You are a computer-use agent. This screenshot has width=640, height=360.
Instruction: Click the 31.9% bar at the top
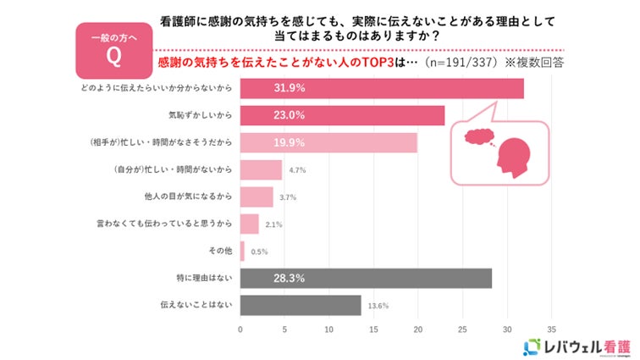tap(381, 88)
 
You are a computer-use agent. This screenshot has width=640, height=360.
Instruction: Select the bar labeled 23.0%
tap(342, 115)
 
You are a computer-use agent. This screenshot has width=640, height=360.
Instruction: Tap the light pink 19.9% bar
tap(328, 142)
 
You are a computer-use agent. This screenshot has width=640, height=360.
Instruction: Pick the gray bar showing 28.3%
tap(366, 278)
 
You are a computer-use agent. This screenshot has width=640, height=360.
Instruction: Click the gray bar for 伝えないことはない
tap(301, 305)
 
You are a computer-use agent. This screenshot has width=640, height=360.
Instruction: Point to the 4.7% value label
tap(296, 170)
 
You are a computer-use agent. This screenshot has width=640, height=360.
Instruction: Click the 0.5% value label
tap(259, 252)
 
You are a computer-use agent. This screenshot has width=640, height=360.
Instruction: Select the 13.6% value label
tap(377, 306)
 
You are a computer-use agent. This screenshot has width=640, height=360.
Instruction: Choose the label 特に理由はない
tap(204, 279)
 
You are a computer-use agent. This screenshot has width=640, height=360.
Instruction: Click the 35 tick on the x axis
tap(551, 330)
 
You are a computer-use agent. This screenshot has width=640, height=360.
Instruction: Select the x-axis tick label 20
tap(418, 330)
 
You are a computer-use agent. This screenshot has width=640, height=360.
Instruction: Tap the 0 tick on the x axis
tap(241, 330)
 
